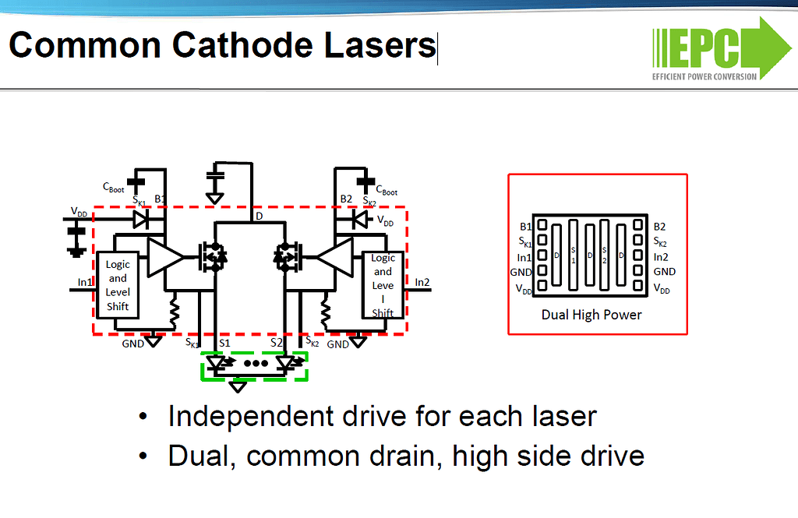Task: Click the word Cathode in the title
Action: click(239, 45)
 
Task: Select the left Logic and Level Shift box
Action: click(117, 285)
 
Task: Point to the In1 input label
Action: click(85, 282)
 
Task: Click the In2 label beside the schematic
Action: click(422, 282)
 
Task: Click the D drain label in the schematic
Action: click(259, 215)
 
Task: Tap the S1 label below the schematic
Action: click(224, 342)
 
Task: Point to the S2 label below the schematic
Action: click(277, 342)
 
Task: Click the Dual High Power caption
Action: click(591, 315)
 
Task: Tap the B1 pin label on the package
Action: click(525, 226)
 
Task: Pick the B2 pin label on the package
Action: click(659, 226)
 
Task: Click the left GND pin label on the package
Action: click(521, 272)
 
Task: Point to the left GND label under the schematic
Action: click(132, 344)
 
